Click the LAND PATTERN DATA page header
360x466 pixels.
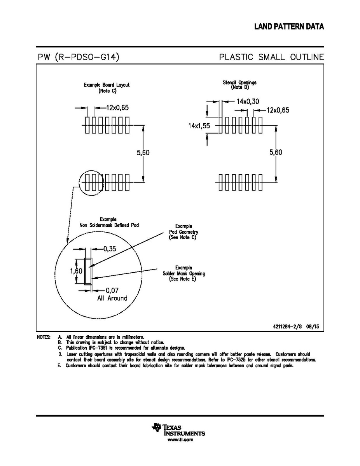(x=289, y=26)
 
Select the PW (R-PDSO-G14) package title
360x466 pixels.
(x=78, y=57)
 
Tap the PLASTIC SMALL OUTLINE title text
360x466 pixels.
(x=271, y=57)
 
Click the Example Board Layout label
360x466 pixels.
(x=107, y=85)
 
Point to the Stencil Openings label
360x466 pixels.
(x=239, y=82)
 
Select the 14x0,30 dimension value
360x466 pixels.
(x=248, y=101)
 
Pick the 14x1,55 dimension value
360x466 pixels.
(x=199, y=126)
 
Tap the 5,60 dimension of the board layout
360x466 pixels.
(x=143, y=153)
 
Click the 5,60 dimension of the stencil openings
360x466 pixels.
(x=276, y=152)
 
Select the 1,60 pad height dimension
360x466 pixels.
(x=77, y=271)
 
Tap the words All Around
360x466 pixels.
(x=112, y=298)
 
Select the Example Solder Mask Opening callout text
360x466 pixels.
(x=183, y=273)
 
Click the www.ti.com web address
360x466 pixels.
(x=180, y=440)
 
